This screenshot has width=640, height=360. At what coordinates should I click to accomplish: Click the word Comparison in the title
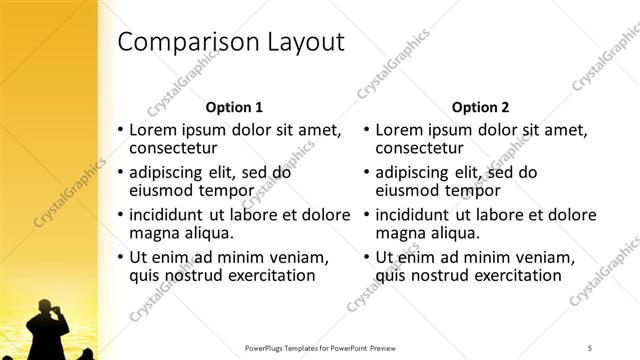tap(188, 42)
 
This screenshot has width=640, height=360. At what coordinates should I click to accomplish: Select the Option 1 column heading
tap(234, 107)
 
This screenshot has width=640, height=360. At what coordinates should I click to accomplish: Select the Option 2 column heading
tap(480, 107)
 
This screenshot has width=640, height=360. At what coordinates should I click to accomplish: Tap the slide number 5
tap(591, 348)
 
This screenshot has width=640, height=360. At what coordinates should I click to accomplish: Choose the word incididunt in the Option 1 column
tap(171, 215)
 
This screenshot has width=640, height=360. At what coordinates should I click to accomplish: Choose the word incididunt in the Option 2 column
tap(417, 215)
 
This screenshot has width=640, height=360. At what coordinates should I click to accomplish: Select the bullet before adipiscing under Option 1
tap(121, 172)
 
